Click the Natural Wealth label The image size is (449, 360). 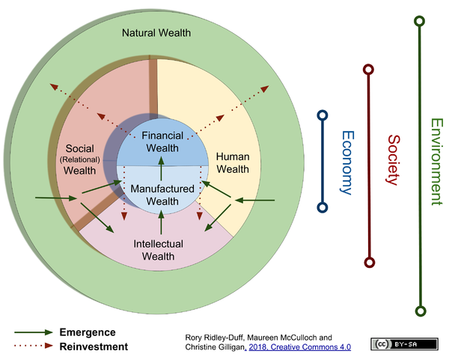pos(156,33)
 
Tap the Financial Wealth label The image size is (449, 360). pos(162,141)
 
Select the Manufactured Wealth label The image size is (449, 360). pos(162,195)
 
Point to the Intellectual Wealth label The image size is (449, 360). pos(159,250)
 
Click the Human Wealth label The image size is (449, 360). pos(233,162)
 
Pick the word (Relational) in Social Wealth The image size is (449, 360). pos(79,159)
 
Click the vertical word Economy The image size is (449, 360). pos(348,162)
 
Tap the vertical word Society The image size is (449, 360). pos(394,160)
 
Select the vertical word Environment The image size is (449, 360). pos(437,162)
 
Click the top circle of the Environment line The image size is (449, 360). pos(420,21)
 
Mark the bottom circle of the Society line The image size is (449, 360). pos(369,263)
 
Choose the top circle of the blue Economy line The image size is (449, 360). pos(323,115)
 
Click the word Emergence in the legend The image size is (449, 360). pos(88,332)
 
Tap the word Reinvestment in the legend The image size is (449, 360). pos(94,347)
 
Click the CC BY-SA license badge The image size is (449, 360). pos(404,344)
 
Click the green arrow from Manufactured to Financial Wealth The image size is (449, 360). pos(161,168)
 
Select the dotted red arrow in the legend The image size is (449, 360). pos(34,346)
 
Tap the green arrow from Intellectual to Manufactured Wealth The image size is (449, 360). pos(161,222)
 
